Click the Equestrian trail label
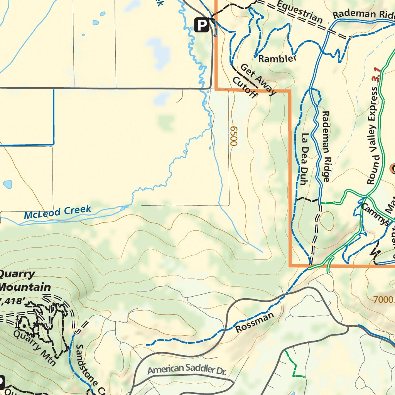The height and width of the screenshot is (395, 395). point(299,12)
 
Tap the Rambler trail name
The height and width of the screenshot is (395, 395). point(277,59)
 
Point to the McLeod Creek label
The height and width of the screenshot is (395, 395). point(57,212)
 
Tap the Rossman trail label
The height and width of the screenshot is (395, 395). point(254,322)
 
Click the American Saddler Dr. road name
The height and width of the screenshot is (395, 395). point(187,370)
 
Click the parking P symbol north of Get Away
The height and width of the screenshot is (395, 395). point(201,25)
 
